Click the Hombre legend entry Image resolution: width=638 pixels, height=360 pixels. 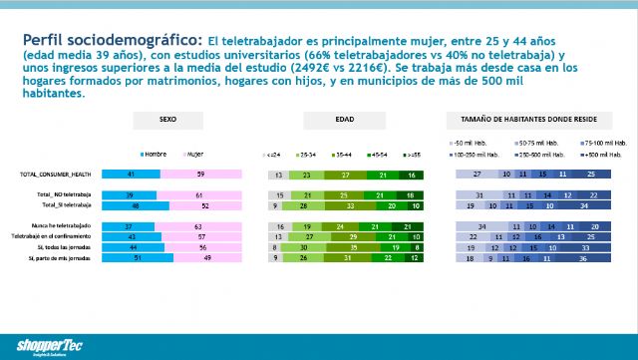[x=154, y=155]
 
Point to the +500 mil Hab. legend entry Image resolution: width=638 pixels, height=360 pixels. [x=608, y=156]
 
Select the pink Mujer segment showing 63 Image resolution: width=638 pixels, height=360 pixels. [x=199, y=226]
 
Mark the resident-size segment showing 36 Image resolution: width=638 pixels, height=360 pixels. [x=594, y=257]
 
